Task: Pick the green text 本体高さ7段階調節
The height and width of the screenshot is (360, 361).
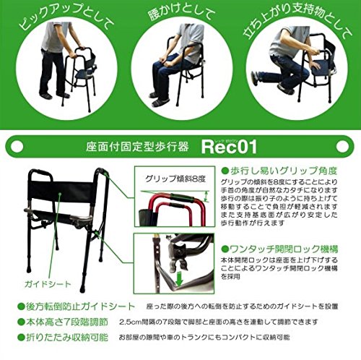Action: click(65, 320)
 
